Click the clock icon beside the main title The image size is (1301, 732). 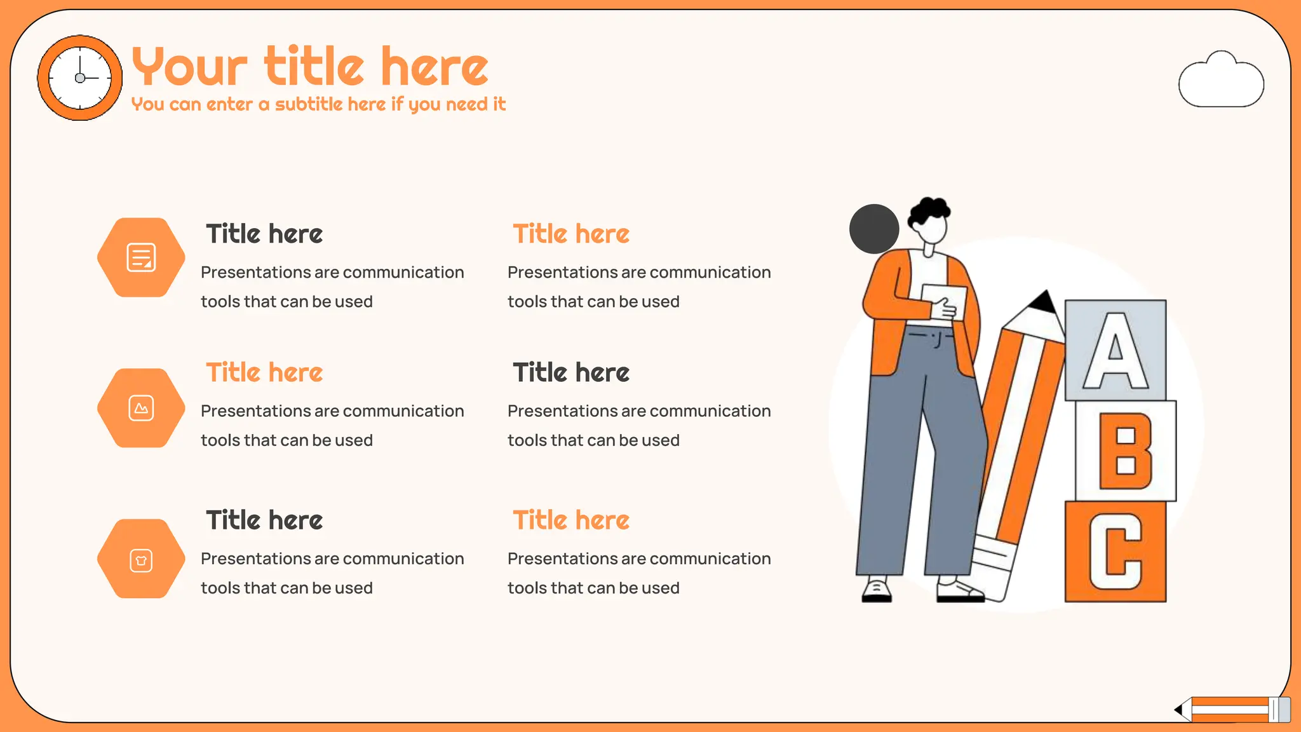click(x=80, y=78)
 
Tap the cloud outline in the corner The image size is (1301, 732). click(x=1220, y=81)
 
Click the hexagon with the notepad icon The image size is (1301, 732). click(x=141, y=257)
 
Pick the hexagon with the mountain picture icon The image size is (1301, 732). click(x=141, y=408)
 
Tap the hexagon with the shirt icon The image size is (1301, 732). click(x=141, y=559)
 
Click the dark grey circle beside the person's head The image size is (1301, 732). click(x=873, y=229)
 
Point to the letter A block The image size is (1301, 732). click(x=1116, y=350)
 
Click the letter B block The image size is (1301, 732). click(x=1125, y=451)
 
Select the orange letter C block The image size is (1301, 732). click(x=1116, y=552)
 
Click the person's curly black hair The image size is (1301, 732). click(x=929, y=211)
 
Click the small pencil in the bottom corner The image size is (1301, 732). click(x=1232, y=709)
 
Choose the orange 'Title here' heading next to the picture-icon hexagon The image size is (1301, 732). click(x=264, y=372)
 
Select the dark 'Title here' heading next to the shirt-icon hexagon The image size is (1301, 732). click(x=264, y=520)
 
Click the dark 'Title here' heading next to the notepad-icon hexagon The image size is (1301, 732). click(x=264, y=234)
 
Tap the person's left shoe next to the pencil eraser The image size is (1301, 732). click(x=959, y=591)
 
